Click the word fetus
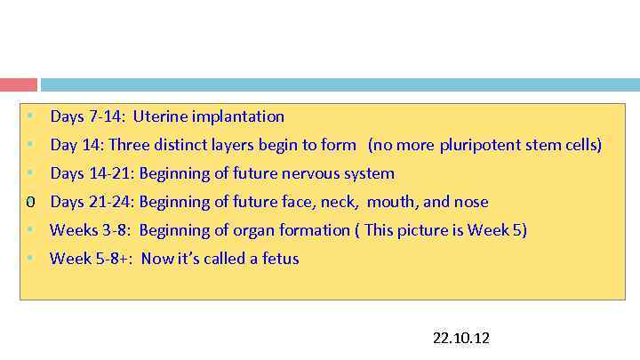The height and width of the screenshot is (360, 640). (280, 259)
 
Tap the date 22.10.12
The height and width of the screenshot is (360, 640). (460, 339)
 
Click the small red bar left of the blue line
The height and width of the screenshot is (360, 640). (19, 84)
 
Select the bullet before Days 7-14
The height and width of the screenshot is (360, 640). (29, 116)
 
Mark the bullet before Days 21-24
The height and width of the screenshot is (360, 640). (29, 202)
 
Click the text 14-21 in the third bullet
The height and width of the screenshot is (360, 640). (109, 173)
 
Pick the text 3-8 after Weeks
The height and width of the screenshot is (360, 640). (116, 230)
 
